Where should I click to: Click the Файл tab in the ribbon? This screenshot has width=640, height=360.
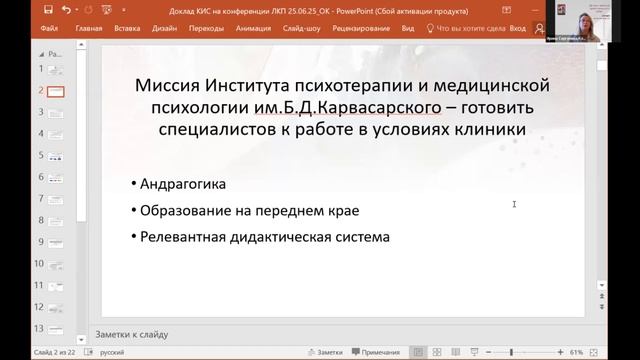click(49, 29)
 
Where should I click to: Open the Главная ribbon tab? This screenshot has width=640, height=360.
click(88, 29)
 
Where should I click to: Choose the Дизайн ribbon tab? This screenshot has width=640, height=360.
click(166, 29)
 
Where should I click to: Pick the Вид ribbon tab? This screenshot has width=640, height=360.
click(407, 29)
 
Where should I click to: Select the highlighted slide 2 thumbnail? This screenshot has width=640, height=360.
click(56, 90)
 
